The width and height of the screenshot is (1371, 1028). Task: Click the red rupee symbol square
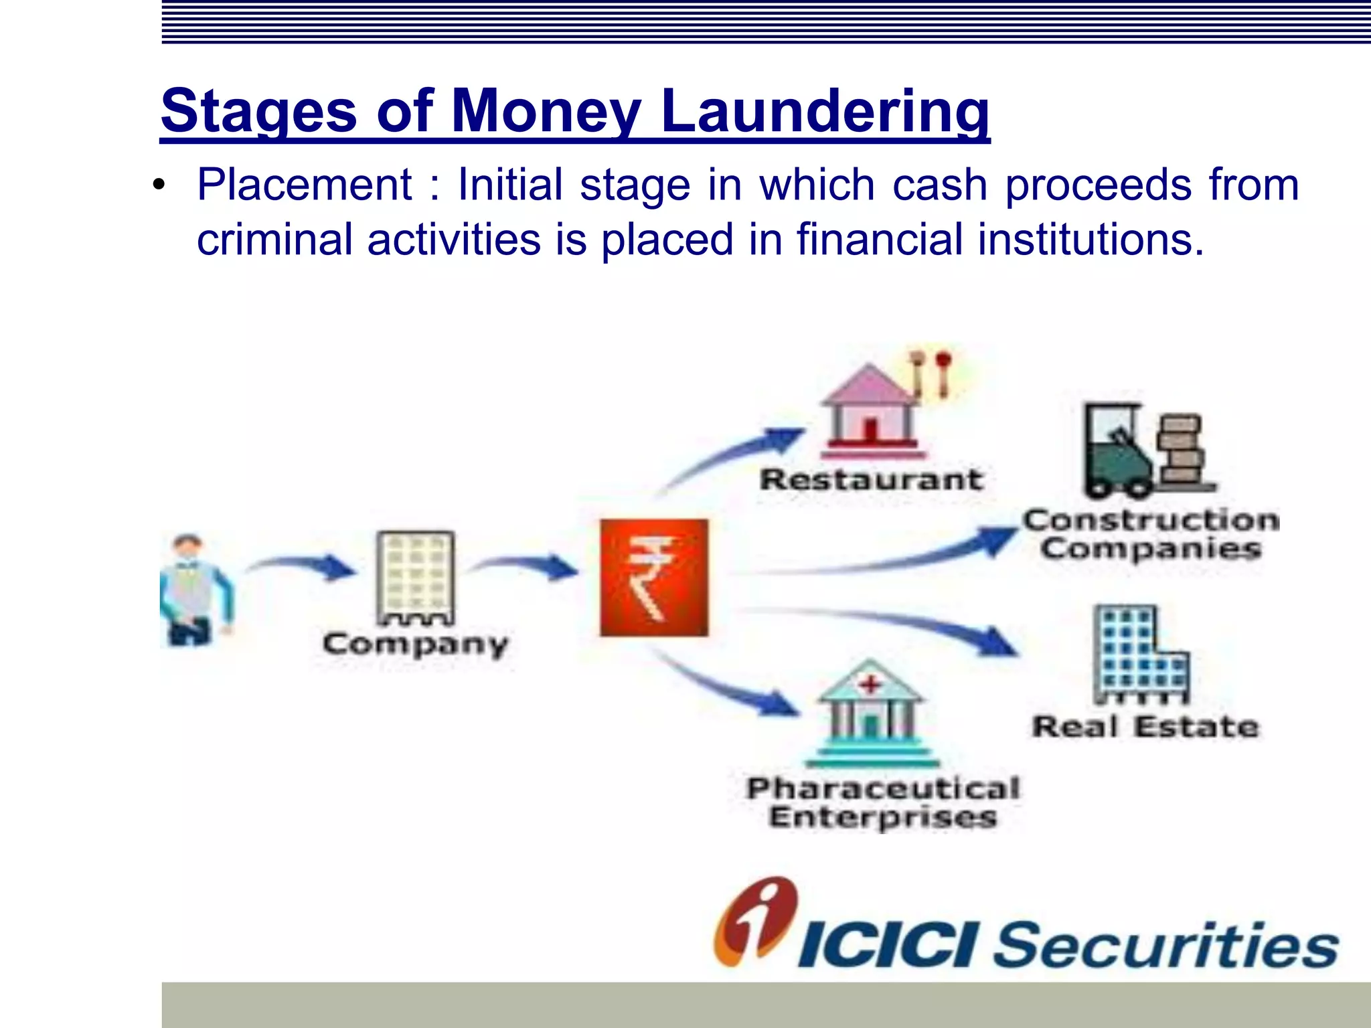point(654,577)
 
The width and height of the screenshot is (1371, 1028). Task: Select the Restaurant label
point(872,480)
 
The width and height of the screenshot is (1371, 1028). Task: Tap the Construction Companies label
point(1151,535)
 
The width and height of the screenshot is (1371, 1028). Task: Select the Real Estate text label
point(1145,727)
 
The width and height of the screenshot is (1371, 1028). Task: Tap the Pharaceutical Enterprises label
point(883,802)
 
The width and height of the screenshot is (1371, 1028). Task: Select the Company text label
point(415,645)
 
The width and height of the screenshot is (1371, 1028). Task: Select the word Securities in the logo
point(1165,945)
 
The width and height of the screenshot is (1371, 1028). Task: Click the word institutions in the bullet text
point(1091,240)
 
